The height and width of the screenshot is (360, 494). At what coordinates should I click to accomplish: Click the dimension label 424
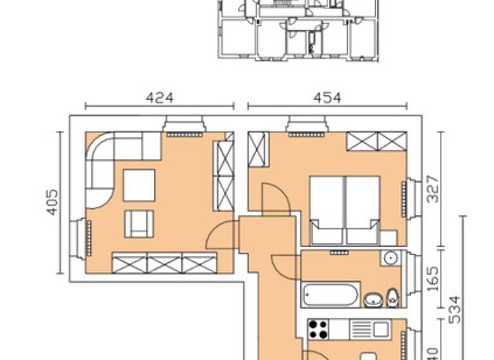tap(160, 98)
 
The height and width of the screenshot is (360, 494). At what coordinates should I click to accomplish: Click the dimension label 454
tap(327, 98)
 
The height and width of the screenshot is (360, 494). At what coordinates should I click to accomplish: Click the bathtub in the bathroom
tap(331, 296)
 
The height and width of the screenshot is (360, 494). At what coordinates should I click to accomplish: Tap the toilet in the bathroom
tap(392, 298)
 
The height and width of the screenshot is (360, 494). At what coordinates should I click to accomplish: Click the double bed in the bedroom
tap(344, 210)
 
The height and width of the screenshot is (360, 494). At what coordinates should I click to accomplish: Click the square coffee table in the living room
tap(139, 184)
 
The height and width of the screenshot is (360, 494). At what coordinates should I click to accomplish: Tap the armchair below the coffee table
tap(139, 224)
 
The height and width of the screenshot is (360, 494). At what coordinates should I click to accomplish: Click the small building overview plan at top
tap(297, 30)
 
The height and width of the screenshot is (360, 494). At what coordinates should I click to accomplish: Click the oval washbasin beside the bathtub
tap(373, 299)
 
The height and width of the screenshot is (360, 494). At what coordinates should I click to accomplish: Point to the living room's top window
tap(185, 126)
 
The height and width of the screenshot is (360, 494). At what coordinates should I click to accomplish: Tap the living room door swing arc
tap(221, 236)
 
